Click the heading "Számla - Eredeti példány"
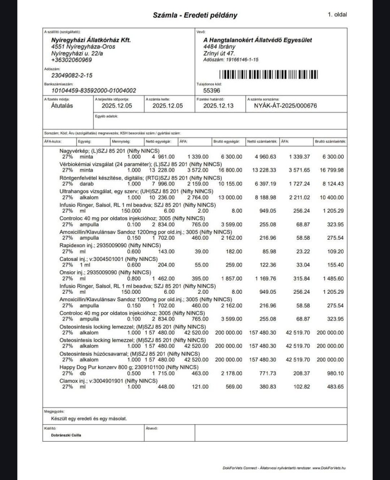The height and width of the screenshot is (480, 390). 195,15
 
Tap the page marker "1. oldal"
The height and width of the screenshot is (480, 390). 337,15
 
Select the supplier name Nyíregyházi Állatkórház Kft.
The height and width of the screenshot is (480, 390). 91,40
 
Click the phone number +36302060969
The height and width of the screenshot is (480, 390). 71,60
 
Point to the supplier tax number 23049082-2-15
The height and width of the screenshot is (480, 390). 71,75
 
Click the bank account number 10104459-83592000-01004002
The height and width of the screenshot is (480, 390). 94,90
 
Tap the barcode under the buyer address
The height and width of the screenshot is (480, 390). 268,75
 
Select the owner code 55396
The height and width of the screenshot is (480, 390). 211,90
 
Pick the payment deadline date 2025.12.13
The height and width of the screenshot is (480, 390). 218,106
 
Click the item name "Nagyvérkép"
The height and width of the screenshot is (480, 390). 75,151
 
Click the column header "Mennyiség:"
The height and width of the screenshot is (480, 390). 121,141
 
